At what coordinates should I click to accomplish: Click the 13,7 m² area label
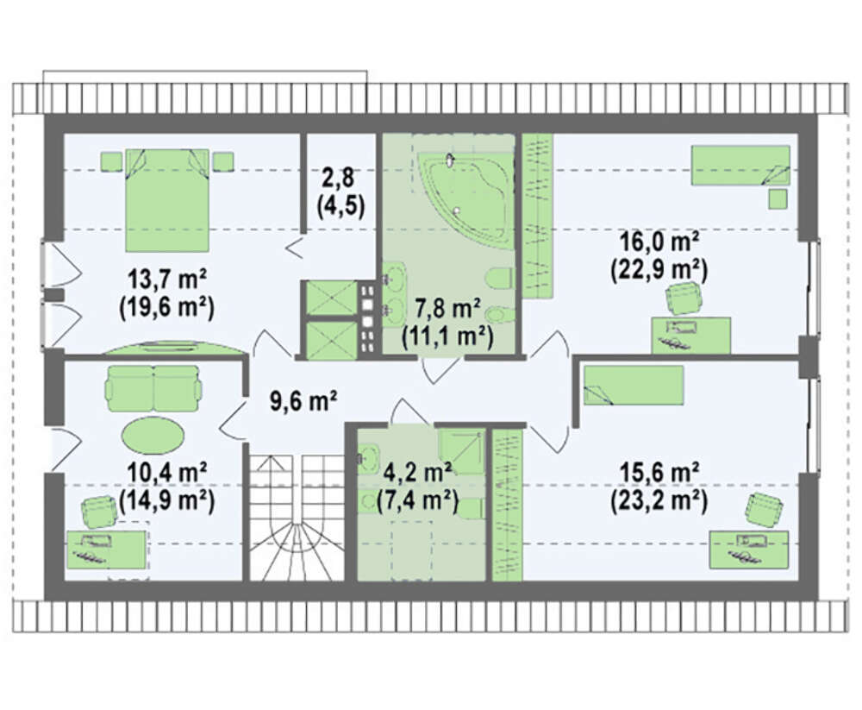click(x=166, y=280)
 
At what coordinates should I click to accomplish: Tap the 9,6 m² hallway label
click(x=303, y=401)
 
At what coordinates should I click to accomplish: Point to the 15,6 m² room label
click(x=659, y=473)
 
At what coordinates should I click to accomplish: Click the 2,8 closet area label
click(x=340, y=179)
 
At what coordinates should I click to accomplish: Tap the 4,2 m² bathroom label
click(x=418, y=473)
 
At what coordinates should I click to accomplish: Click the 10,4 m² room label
click(x=166, y=473)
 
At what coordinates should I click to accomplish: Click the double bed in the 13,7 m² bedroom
click(x=167, y=200)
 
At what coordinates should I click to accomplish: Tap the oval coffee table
click(x=153, y=435)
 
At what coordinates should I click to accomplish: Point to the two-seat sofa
click(x=153, y=388)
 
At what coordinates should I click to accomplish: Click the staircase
click(x=297, y=518)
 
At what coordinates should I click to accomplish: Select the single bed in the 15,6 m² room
click(x=634, y=385)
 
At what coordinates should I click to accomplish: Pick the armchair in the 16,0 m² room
click(x=684, y=298)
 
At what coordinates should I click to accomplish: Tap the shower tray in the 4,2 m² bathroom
click(x=462, y=451)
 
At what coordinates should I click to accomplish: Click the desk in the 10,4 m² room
click(x=107, y=550)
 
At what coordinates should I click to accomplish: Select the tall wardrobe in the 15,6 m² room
click(x=506, y=505)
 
